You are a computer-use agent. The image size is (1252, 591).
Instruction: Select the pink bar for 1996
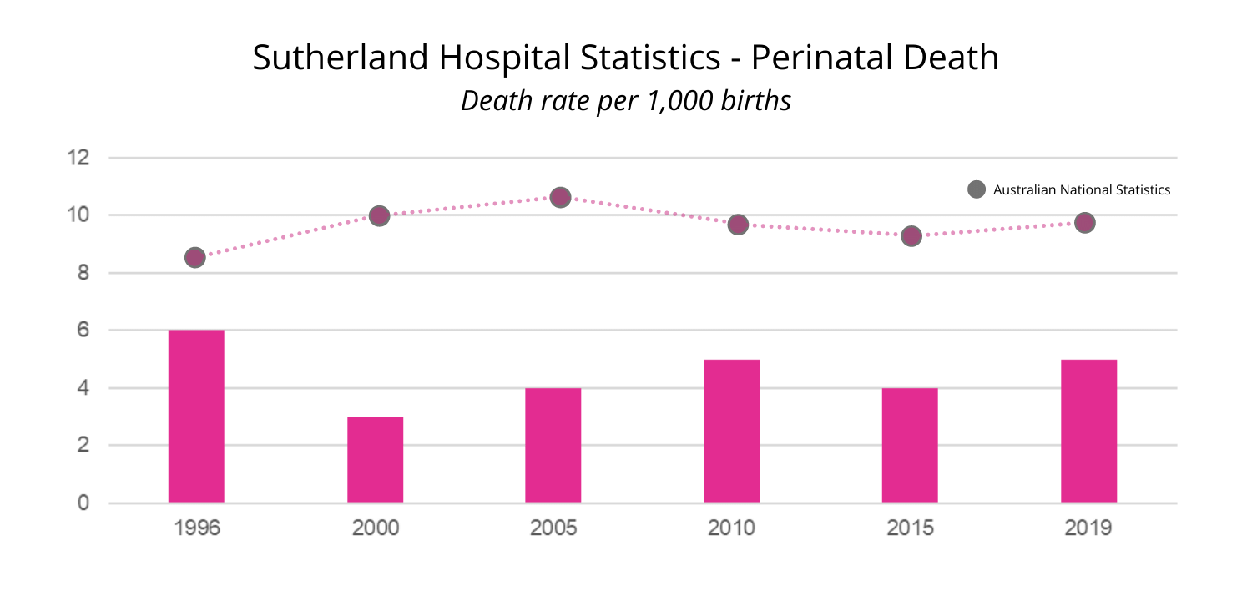pyautogui.click(x=196, y=417)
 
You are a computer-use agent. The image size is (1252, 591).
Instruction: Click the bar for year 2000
pyautogui.click(x=375, y=460)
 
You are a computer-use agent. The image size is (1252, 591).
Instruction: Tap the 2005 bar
pyautogui.click(x=553, y=446)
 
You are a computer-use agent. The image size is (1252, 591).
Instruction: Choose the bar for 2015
pyautogui.click(x=910, y=446)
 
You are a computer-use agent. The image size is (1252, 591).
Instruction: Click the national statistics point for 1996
pyautogui.click(x=194, y=257)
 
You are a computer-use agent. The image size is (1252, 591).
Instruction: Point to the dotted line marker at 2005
pyautogui.click(x=560, y=197)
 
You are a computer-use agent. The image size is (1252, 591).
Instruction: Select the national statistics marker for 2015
pyautogui.click(x=911, y=235)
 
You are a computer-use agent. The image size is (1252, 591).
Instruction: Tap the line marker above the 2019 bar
pyautogui.click(x=1084, y=223)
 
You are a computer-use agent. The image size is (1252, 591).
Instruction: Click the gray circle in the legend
pyautogui.click(x=976, y=189)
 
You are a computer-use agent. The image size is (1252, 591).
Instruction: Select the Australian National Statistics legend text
pyautogui.click(x=1081, y=190)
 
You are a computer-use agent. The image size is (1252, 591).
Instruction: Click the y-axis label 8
pyautogui.click(x=83, y=273)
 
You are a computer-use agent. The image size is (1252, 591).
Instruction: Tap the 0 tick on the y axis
pyautogui.click(x=83, y=503)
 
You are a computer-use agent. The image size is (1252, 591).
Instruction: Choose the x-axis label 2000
pyautogui.click(x=375, y=528)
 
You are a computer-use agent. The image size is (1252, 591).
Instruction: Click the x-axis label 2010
pyautogui.click(x=731, y=528)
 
